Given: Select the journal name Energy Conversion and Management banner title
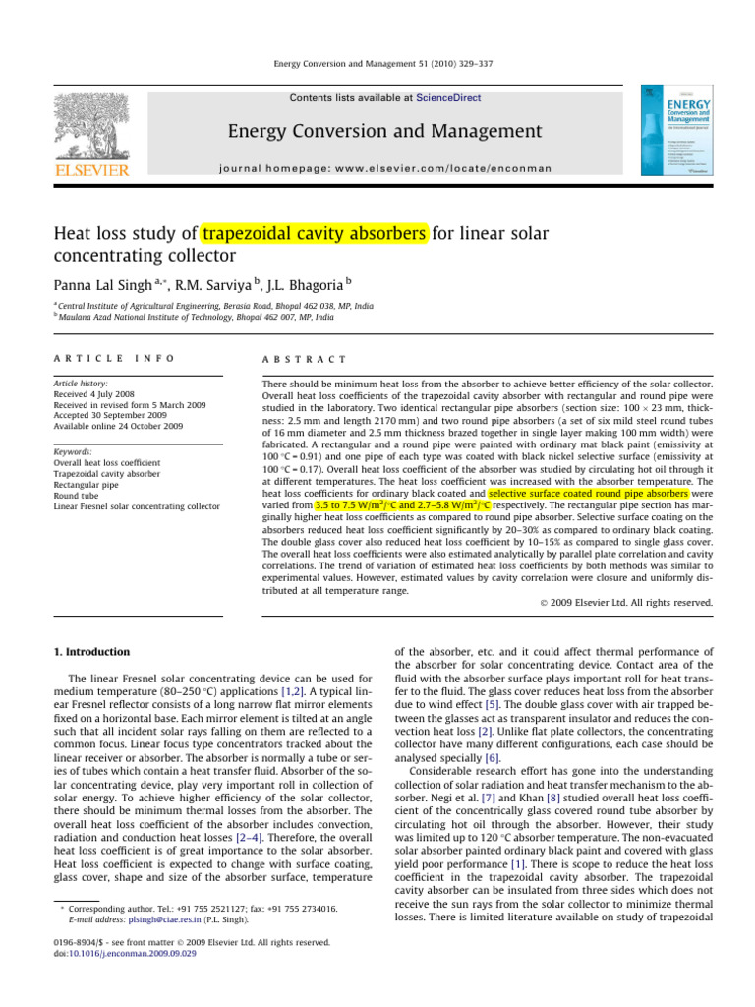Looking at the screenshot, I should click(384, 131).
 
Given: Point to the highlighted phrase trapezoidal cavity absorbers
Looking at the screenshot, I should click(315, 235).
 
